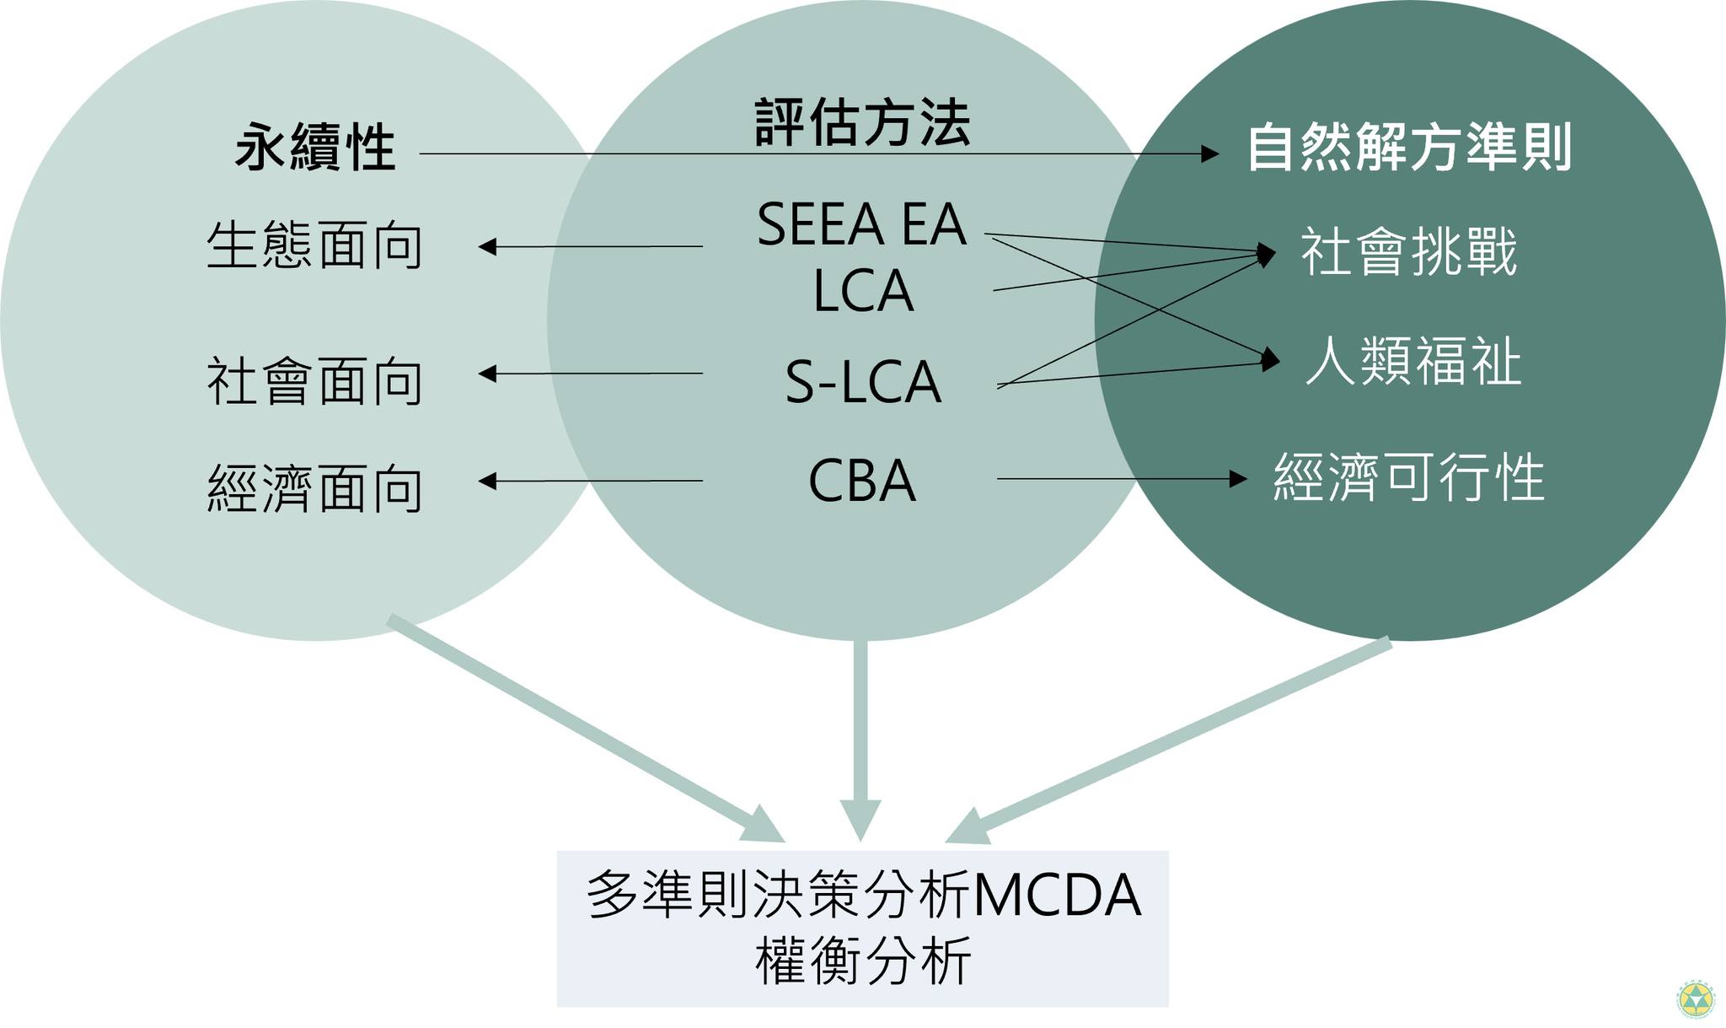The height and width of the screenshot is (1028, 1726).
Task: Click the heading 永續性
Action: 315,148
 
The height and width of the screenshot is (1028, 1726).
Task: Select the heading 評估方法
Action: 861,123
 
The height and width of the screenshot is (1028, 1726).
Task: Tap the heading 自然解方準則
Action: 1409,148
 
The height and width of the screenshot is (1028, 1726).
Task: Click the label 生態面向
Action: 314,246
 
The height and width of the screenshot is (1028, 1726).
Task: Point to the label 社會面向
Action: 314,381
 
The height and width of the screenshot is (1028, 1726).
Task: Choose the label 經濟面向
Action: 314,489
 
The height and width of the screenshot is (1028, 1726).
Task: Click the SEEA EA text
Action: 861,224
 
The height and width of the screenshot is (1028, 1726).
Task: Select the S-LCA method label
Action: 862,382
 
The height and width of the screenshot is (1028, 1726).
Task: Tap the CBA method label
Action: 861,482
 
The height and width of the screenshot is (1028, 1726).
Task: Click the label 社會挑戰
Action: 1409,251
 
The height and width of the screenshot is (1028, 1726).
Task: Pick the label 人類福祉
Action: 1413,362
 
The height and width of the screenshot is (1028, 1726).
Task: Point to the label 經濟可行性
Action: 1408,478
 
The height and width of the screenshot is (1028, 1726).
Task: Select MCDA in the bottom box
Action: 1057,896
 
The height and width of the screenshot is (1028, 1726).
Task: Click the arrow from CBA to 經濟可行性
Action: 1121,479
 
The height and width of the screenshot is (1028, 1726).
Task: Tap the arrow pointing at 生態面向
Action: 590,246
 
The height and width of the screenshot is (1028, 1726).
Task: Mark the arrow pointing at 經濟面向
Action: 590,481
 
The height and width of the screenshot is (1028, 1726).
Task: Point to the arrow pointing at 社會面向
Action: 590,373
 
